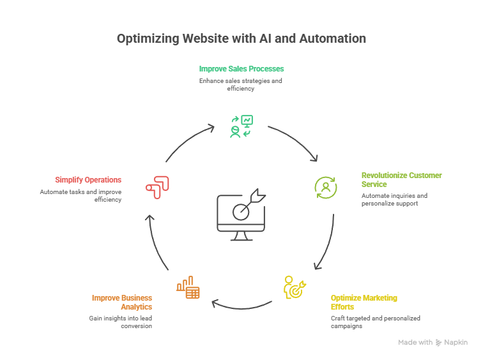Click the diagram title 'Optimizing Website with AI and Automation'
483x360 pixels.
pos(241,39)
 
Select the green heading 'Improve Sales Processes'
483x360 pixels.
pos(241,68)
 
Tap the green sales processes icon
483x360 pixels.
pos(241,126)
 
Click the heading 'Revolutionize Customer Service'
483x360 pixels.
pos(401,179)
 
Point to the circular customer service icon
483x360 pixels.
pos(325,187)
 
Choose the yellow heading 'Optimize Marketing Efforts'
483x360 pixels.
pos(364,302)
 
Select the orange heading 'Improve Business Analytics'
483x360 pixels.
pos(122,302)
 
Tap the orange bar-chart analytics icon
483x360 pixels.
pos(188,288)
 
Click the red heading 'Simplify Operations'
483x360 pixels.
pos(88,180)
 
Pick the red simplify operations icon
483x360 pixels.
pos(157,186)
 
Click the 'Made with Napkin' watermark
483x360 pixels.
pos(433,343)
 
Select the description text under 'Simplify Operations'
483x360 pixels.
pos(81,195)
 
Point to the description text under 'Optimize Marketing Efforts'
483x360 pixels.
pos(375,322)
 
